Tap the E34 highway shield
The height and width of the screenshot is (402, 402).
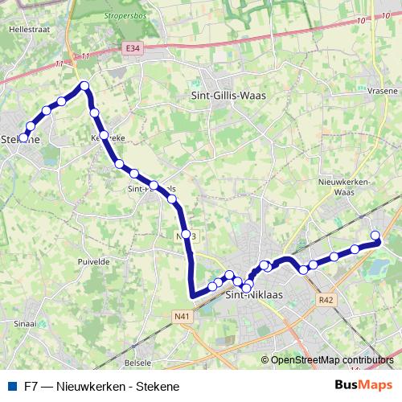tap(133, 50)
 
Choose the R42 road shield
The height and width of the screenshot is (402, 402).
tap(326, 299)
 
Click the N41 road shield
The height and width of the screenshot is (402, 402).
tap(183, 316)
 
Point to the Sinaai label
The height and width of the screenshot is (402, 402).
tap(25, 324)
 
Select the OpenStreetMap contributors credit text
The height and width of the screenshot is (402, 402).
tap(332, 360)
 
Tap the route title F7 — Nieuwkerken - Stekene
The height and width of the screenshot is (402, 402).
tap(101, 386)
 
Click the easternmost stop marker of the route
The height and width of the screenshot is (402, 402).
tap(375, 235)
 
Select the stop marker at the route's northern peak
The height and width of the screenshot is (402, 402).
tap(83, 86)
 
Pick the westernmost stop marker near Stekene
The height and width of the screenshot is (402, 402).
tap(23, 137)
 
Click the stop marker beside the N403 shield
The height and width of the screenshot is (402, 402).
tap(186, 235)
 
